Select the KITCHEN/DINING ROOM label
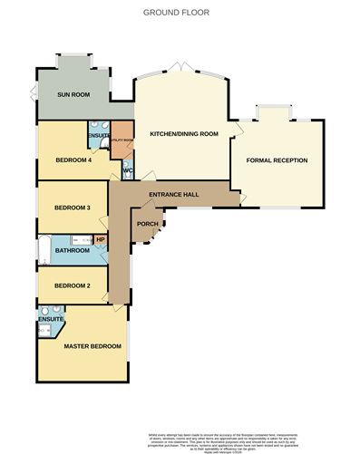184,133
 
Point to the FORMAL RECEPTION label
277,160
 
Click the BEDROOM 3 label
73,208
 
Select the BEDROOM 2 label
73,285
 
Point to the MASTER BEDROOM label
92,345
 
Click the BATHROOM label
70,250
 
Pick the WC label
127,169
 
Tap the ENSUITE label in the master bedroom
51,319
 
